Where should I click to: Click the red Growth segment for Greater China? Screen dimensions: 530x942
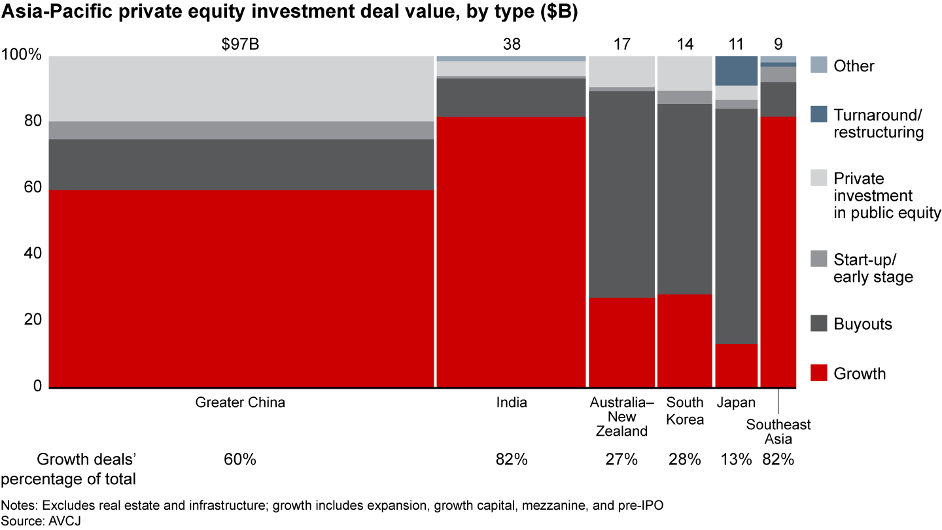click(x=241, y=289)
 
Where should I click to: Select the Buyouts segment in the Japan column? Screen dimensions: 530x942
click(x=736, y=226)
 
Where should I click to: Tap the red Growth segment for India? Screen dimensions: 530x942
click(x=511, y=252)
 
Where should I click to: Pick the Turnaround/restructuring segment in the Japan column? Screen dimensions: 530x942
click(x=736, y=71)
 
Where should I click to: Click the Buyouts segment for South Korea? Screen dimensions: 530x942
click(x=684, y=199)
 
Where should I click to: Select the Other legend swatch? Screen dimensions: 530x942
click(x=819, y=65)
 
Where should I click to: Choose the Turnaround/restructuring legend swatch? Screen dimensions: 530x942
click(x=819, y=115)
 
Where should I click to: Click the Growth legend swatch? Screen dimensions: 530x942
click(x=819, y=373)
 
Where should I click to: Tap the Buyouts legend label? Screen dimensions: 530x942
click(x=862, y=324)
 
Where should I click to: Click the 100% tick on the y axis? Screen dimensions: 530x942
click(x=22, y=56)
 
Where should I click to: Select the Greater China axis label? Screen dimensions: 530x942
click(x=240, y=402)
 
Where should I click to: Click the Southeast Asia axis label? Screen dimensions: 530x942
click(x=778, y=432)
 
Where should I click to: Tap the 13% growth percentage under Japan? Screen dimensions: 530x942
click(x=736, y=459)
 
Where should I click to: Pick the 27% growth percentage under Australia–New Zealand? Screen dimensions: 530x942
click(x=621, y=459)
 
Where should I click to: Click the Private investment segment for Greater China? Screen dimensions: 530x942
click(x=241, y=88)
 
